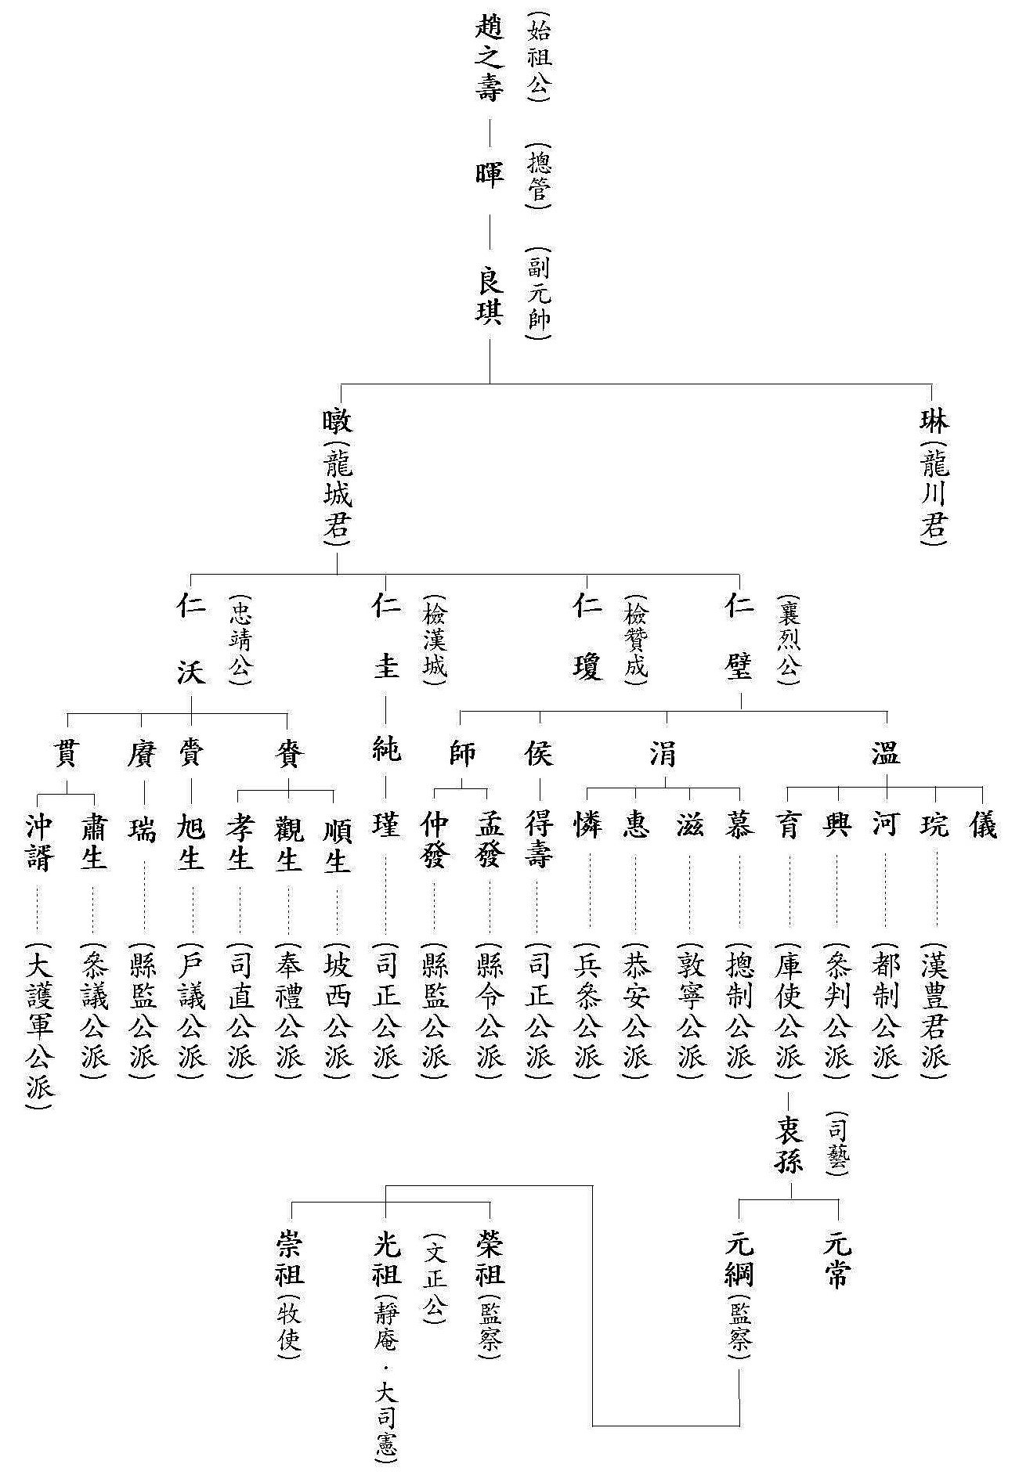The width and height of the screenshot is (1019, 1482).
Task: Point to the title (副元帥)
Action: [538, 294]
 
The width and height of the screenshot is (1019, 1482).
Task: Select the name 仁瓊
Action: [587, 638]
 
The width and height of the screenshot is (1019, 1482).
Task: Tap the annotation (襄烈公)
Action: [788, 640]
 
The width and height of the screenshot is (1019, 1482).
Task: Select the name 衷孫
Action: [789, 1144]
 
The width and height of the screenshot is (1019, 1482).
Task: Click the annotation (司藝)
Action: [837, 1144]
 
